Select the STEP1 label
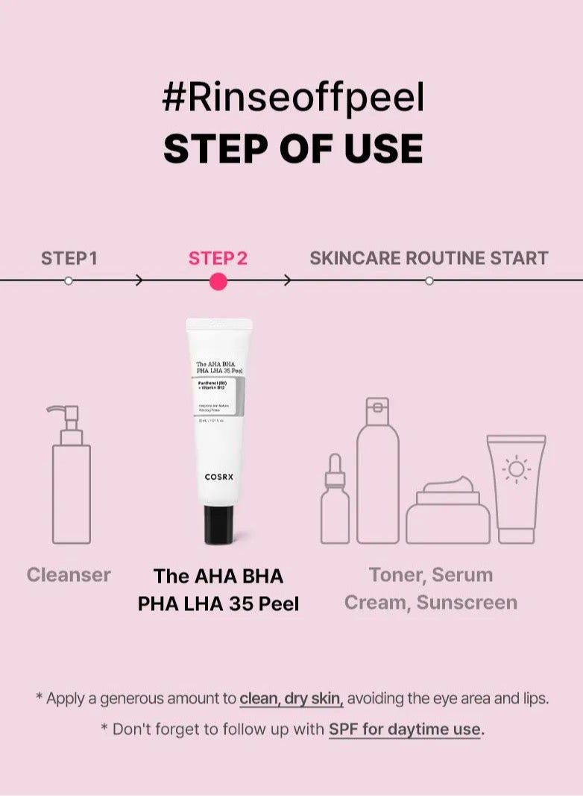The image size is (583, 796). (x=69, y=258)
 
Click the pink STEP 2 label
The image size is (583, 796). (x=218, y=258)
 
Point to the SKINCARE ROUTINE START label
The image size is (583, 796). (x=429, y=258)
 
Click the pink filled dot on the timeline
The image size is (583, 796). (x=218, y=281)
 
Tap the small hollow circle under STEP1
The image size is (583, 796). (x=69, y=281)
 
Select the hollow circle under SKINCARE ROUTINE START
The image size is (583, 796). (x=429, y=281)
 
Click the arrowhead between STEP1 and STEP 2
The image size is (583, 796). (x=139, y=281)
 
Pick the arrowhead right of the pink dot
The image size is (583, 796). (x=288, y=281)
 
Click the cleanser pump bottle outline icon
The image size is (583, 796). (x=71, y=477)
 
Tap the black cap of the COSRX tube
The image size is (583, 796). (x=218, y=524)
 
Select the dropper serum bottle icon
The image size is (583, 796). (x=335, y=500)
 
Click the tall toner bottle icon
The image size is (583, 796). (x=377, y=471)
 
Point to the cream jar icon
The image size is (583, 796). (x=447, y=511)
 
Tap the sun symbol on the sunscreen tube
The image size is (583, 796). (x=516, y=469)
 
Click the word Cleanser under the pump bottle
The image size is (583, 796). (x=69, y=574)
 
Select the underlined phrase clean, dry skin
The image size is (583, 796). (x=291, y=699)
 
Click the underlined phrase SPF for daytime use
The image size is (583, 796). (x=406, y=729)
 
